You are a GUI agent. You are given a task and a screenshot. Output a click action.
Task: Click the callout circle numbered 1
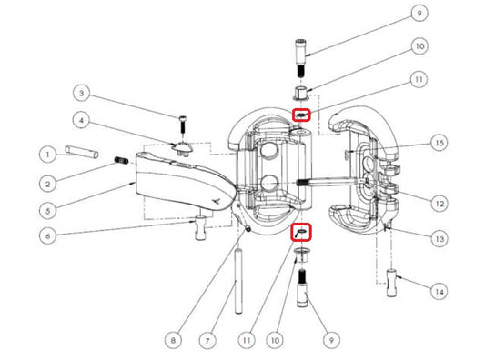click(x=48, y=155)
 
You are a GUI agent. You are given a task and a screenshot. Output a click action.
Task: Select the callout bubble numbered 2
click(x=48, y=185)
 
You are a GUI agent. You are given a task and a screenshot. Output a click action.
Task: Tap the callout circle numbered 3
click(x=82, y=94)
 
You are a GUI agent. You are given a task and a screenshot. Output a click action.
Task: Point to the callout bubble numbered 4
click(x=82, y=120)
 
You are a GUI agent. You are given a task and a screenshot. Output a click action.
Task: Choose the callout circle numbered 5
click(x=48, y=211)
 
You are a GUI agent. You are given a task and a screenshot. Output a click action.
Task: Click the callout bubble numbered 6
click(x=48, y=236)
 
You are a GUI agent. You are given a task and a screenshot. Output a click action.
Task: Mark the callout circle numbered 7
click(x=207, y=341)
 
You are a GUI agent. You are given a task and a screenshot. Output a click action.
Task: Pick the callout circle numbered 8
click(x=173, y=341)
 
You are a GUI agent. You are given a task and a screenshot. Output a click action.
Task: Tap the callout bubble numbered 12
click(x=440, y=204)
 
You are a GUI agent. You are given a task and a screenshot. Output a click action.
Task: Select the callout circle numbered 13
click(x=440, y=238)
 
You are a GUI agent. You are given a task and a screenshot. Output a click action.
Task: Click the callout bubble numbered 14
click(x=440, y=292)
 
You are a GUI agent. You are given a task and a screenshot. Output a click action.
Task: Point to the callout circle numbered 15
click(x=440, y=143)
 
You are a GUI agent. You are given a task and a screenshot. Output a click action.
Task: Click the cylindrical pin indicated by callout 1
click(x=82, y=152)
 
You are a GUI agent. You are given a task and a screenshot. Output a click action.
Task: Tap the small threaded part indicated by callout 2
click(x=122, y=160)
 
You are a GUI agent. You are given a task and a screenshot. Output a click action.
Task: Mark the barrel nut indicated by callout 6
click(x=200, y=228)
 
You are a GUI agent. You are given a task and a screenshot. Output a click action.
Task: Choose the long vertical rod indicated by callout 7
click(x=238, y=281)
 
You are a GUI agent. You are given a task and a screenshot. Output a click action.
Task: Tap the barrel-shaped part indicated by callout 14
click(x=391, y=283)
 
